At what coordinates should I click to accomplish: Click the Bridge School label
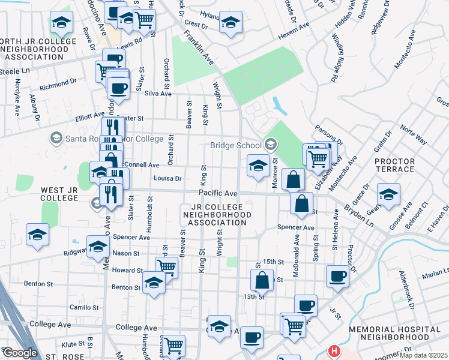pyautogui.click(x=235, y=145)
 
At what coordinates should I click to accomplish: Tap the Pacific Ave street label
pyautogui.click(x=219, y=193)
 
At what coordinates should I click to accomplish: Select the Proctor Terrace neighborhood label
pyautogui.click(x=394, y=167)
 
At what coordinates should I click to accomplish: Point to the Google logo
pyautogui.click(x=20, y=353)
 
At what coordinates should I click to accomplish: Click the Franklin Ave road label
pyautogui.click(x=199, y=47)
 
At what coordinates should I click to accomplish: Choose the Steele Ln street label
pyautogui.click(x=14, y=70)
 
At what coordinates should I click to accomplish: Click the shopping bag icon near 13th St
pyautogui.click(x=262, y=280)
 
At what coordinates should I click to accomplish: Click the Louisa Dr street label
pyautogui.click(x=167, y=178)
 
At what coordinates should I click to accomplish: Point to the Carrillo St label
pyautogui.click(x=83, y=307)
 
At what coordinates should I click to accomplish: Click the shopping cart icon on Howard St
pyautogui.click(x=166, y=266)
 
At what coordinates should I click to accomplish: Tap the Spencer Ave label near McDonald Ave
pyautogui.click(x=296, y=228)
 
